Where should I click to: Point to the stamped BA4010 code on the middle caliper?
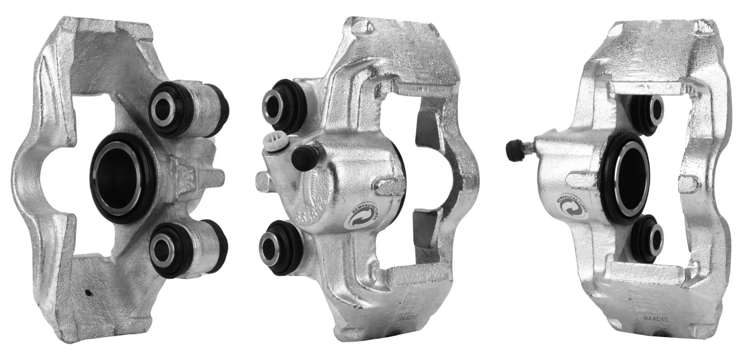408,317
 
